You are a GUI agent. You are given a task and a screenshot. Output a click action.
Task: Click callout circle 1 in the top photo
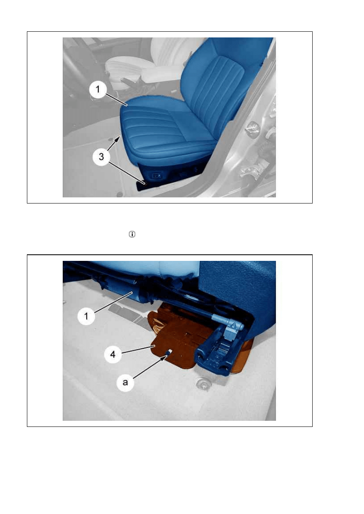[x=98, y=89]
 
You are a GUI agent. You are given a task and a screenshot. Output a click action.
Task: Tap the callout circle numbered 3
[x=101, y=157]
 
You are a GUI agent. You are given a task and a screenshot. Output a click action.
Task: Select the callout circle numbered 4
[x=113, y=354]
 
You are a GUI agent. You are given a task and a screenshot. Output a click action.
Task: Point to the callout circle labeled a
[x=125, y=383]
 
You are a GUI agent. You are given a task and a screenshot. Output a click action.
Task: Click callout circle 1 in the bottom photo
[x=86, y=316]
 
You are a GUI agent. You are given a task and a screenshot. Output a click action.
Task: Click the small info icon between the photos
[x=132, y=234]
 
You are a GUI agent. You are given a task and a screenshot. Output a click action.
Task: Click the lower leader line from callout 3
[x=127, y=173]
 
